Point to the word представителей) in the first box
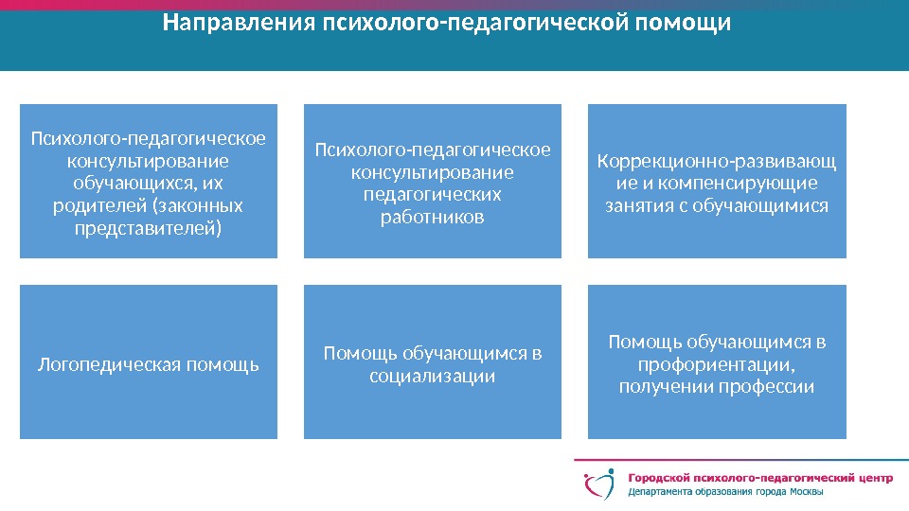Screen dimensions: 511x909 tap(149, 228)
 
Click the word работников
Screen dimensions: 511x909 tap(432, 217)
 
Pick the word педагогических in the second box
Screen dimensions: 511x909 tap(432, 194)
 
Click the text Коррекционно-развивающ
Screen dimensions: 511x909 tap(717, 160)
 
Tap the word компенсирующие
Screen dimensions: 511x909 tap(754, 183)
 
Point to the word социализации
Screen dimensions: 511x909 tap(432, 376)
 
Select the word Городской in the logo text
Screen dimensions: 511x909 tap(660, 479)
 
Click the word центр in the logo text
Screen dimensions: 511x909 tap(870, 479)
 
